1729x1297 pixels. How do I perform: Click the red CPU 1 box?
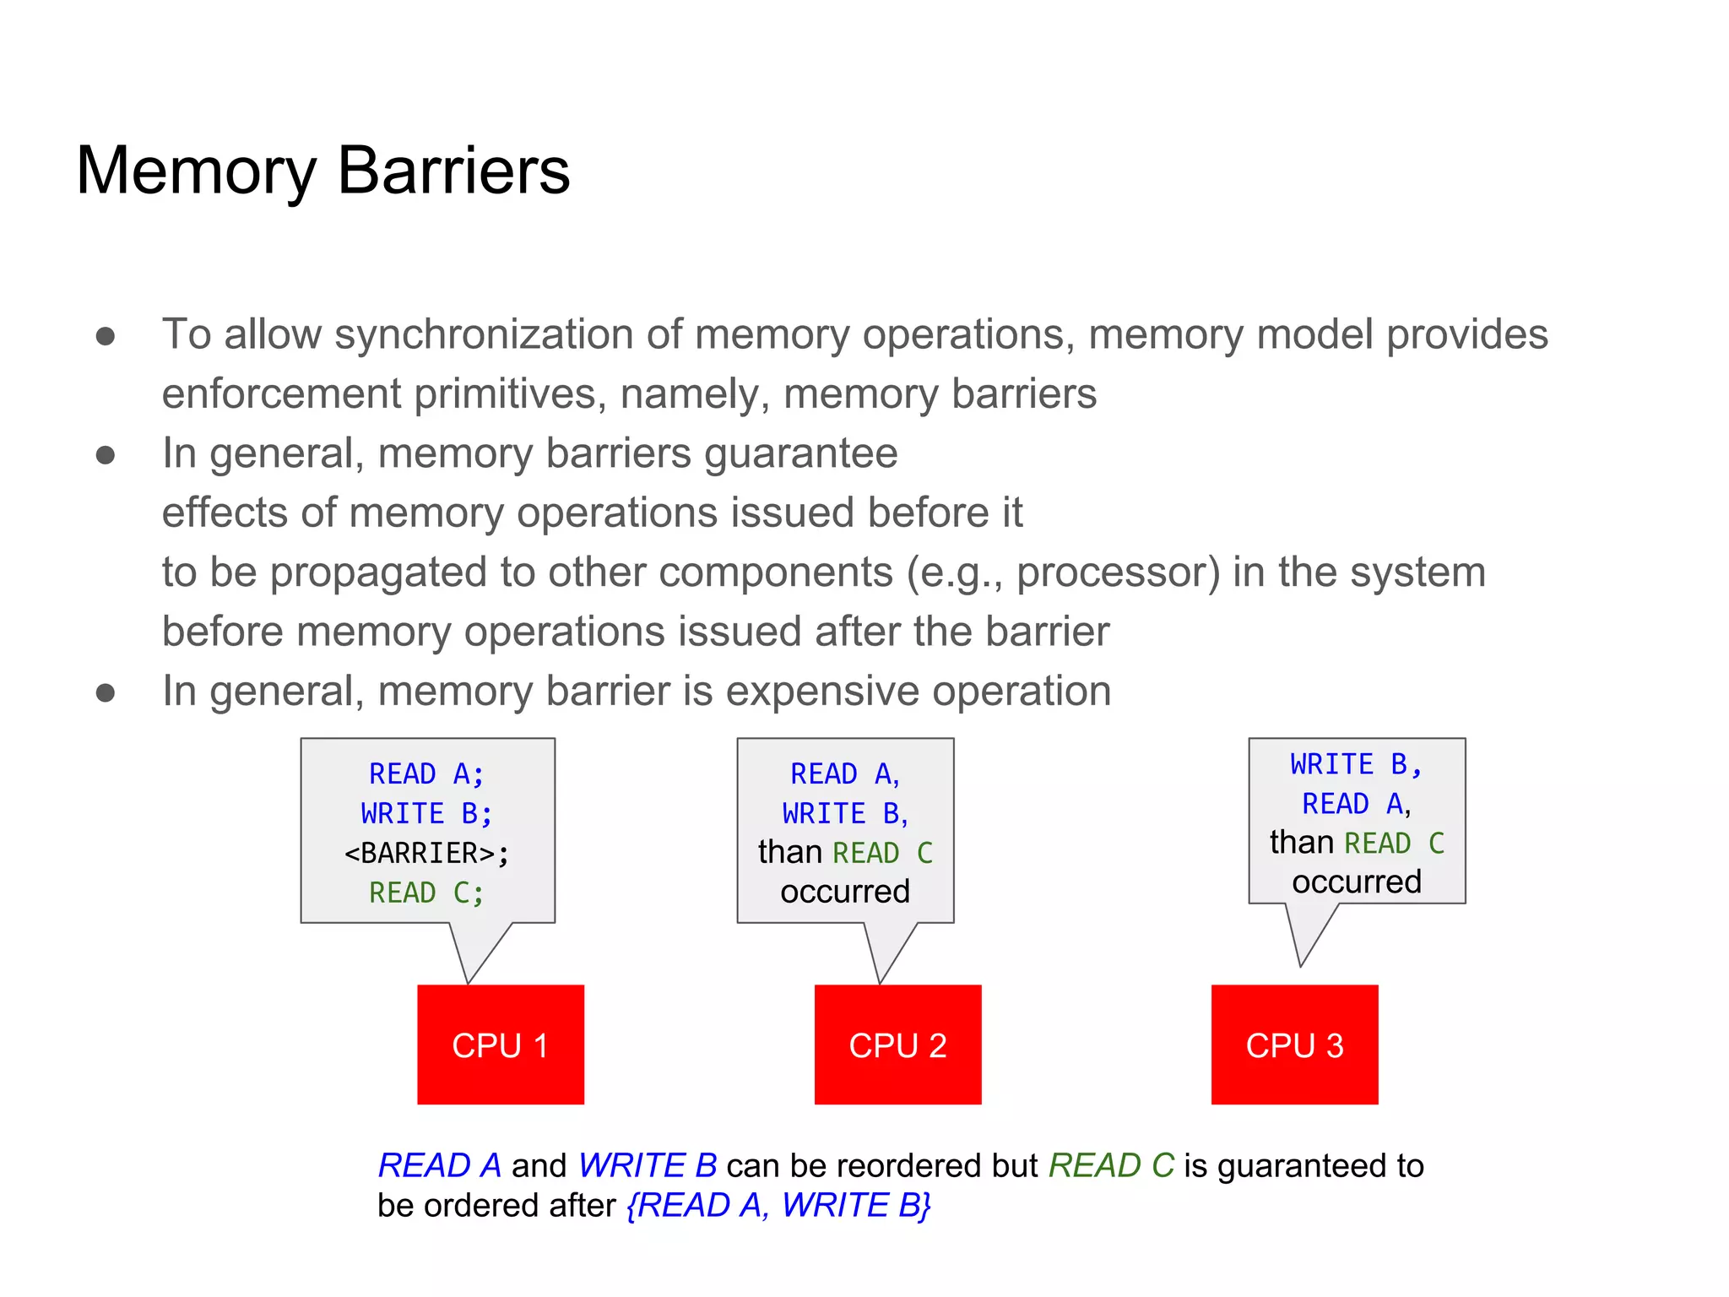tap(500, 1045)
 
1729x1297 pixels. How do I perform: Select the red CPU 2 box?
tap(897, 1045)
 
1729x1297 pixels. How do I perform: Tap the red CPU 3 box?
tap(1294, 1045)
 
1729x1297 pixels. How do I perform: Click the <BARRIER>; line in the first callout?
tap(426, 853)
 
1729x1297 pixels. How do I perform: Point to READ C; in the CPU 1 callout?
tap(426, 893)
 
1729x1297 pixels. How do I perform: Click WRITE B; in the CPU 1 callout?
tap(426, 813)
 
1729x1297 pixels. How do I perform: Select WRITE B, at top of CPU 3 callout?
tap(1356, 764)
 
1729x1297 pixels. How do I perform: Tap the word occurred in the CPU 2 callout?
tap(845, 892)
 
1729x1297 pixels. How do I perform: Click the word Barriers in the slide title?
tap(453, 171)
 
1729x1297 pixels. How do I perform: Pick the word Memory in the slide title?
tap(196, 171)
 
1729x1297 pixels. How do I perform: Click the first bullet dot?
tap(106, 336)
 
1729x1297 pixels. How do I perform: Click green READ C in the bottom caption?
tap(1110, 1165)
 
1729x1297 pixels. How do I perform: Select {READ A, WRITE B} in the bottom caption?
tap(778, 1205)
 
